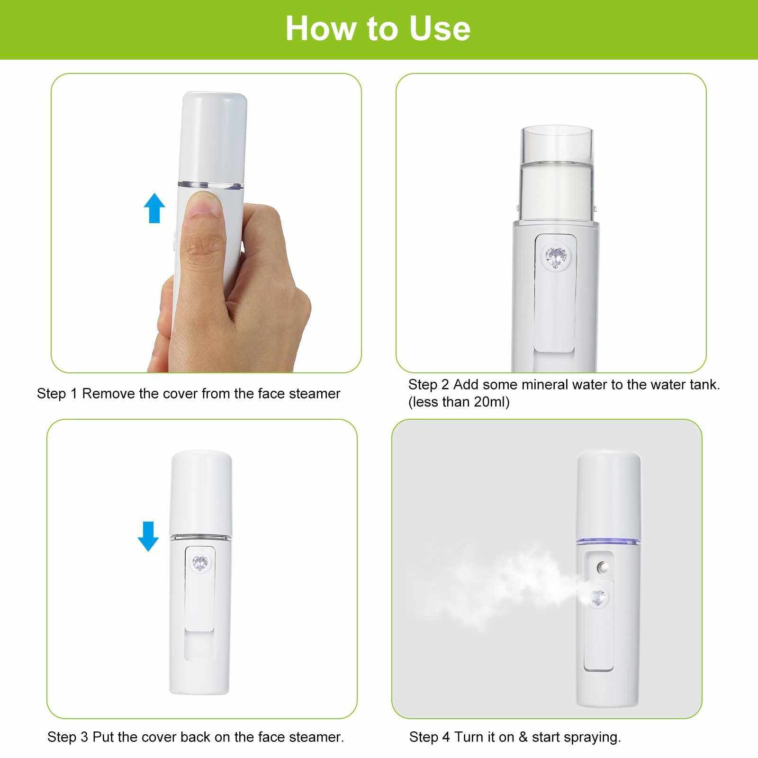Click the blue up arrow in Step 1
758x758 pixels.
coord(154,209)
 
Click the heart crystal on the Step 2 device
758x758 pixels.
coord(556,258)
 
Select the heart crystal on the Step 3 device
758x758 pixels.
coord(200,562)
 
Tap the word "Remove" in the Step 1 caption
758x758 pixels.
coord(108,394)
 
